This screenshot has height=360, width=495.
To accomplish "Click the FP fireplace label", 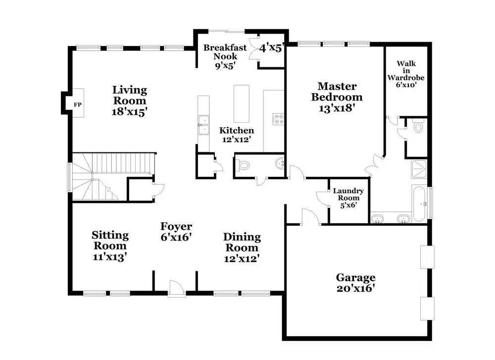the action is pyautogui.click(x=77, y=104).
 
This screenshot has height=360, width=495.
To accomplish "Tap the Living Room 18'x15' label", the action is pyautogui.click(x=130, y=101).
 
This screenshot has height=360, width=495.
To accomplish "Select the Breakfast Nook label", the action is pyautogui.click(x=225, y=52).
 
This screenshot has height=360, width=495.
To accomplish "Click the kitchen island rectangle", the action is pyautogui.click(x=242, y=103).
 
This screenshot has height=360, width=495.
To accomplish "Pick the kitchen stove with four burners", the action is pyautogui.click(x=278, y=119).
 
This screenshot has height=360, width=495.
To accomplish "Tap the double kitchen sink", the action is pyautogui.click(x=203, y=125).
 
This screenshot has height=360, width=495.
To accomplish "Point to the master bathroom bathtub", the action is pyautogui.click(x=419, y=204).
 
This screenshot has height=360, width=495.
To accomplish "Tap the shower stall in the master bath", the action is pyautogui.click(x=419, y=169).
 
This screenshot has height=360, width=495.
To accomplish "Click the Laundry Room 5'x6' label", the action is pyautogui.click(x=348, y=198).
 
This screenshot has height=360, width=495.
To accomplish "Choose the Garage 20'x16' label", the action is pyautogui.click(x=356, y=283).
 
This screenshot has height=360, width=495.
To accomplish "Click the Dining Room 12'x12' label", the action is pyautogui.click(x=242, y=248).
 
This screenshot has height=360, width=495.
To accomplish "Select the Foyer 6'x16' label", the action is pyautogui.click(x=176, y=231).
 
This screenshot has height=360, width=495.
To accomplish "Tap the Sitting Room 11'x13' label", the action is pyautogui.click(x=110, y=246).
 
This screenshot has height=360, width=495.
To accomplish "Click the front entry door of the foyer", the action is pyautogui.click(x=177, y=288).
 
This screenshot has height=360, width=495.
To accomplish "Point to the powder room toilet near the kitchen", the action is pyautogui.click(x=243, y=165).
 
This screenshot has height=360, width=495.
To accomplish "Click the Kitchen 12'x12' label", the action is pyautogui.click(x=237, y=135).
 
